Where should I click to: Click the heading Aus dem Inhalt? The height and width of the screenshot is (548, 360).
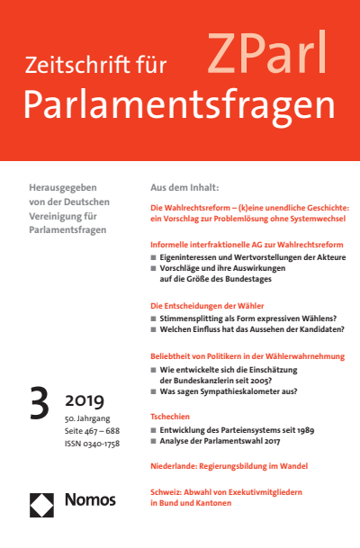(x=184, y=190)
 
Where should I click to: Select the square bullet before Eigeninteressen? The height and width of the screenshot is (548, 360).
(x=154, y=257)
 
